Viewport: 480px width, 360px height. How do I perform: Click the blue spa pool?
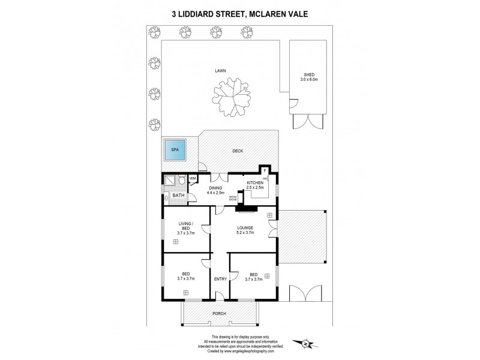pos(176,151)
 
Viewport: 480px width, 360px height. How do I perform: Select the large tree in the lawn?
pos(227,95)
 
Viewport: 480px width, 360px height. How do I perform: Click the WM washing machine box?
pos(193,178)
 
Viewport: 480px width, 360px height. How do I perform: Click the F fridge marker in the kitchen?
pos(263,170)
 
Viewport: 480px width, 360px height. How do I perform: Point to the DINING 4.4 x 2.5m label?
pos(215,190)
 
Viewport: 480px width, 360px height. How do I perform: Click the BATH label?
pos(178,195)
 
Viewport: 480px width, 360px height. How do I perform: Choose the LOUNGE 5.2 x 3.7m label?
pos(244,230)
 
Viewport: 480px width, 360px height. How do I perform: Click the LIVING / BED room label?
pos(185,228)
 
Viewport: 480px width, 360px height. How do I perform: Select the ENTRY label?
pos(219,279)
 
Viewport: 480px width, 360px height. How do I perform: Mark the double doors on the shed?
pos(307,122)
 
